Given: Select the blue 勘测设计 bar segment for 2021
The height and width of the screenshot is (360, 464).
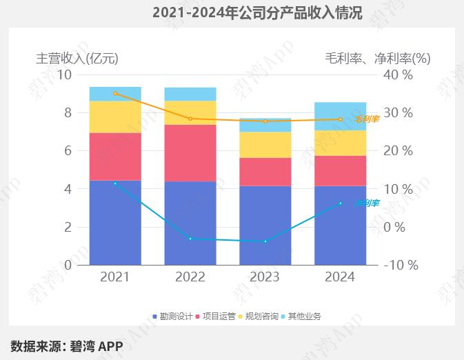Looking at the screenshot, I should pos(115,223).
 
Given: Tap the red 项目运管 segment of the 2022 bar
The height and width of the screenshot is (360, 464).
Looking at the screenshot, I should pos(190,153).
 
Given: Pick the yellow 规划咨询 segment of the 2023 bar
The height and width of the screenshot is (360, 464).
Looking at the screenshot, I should pos(265,145).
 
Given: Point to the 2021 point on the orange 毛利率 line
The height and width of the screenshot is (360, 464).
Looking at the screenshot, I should pos(115,93).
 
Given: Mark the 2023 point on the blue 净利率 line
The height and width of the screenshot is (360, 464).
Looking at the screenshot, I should pos(265,241).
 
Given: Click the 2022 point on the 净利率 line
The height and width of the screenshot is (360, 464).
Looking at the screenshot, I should pos(190,239).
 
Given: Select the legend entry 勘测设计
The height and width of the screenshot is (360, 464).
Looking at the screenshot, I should pos(172,317).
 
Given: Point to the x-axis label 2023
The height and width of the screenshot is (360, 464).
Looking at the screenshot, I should pos(265,277).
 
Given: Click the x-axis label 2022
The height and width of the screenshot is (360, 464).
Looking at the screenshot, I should pos(190,277).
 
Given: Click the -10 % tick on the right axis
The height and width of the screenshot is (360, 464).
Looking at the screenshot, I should pos(400,265).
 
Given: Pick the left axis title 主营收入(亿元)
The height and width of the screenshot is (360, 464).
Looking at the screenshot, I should pos(81,59).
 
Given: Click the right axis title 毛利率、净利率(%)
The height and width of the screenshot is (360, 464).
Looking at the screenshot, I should pos(378,59).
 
